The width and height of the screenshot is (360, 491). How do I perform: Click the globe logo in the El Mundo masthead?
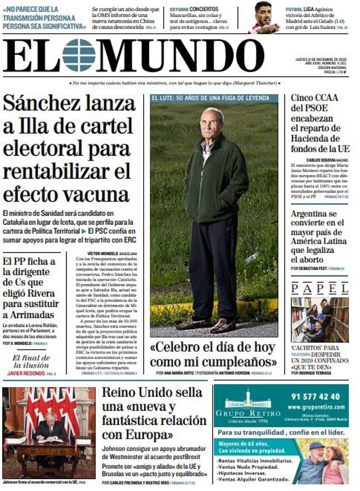coord(79,55)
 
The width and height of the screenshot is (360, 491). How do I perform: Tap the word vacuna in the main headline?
coord(96,194)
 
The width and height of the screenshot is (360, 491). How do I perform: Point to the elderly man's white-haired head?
coord(212,120)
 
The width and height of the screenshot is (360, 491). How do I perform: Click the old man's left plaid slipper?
coord(224,326)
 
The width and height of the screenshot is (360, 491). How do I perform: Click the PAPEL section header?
coord(319,288)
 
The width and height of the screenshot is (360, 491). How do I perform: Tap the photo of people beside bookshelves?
coord(319,320)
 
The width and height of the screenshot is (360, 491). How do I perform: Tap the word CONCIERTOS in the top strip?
coord(204,9)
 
